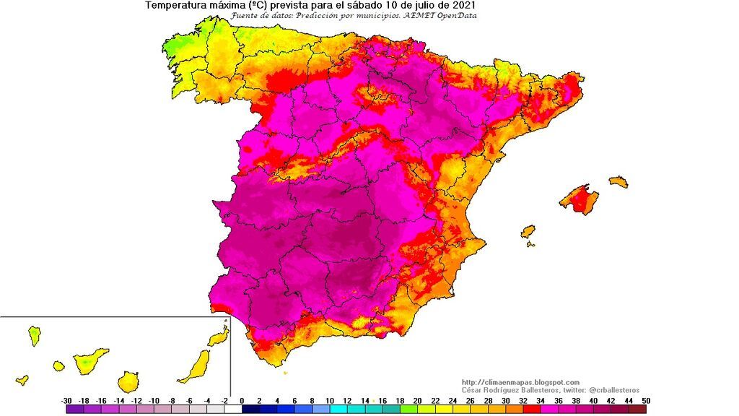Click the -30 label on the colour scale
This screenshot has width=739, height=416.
(x=67, y=400)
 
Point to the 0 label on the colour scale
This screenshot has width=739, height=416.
(x=242, y=400)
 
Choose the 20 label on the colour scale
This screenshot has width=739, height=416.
(x=416, y=400)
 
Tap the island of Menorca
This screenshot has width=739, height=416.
(x=618, y=182)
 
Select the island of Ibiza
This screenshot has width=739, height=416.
(x=528, y=232)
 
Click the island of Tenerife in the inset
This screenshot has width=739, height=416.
(x=89, y=360)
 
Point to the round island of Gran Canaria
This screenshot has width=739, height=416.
(x=128, y=381)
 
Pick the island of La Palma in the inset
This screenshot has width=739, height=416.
(x=34, y=335)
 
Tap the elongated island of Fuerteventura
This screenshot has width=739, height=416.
(x=196, y=366)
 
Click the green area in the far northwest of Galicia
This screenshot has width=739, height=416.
(x=173, y=45)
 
